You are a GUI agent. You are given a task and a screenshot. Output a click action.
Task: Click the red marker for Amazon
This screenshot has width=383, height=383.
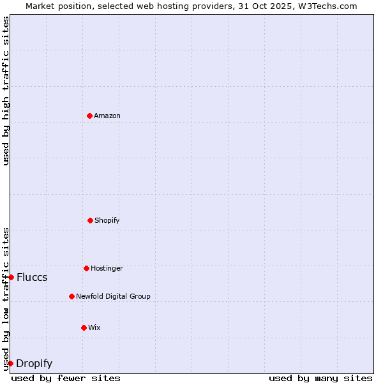point(89,116)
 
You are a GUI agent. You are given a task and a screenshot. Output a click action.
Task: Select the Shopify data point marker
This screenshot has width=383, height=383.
point(90,220)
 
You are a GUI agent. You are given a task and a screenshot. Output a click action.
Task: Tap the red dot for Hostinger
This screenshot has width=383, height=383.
point(86,268)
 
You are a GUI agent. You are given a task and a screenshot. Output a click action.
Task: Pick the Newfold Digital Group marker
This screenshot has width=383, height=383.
point(71,296)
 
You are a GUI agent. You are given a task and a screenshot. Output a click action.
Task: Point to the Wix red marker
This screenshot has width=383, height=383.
point(84,327)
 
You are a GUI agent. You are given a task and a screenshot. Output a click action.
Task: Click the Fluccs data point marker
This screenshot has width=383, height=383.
point(11,277)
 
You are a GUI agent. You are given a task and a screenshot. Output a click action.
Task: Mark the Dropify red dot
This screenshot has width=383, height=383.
point(10,363)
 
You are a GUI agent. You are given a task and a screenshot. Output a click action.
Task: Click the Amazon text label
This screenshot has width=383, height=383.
point(107,116)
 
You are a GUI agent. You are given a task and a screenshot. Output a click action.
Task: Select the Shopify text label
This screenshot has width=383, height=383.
point(107,220)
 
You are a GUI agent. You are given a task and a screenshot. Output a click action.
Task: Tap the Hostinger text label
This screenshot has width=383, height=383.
point(107,268)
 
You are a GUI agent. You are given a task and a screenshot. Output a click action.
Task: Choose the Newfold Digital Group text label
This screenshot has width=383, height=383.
point(113,296)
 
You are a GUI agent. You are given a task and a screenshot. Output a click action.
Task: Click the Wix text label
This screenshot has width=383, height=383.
point(94,327)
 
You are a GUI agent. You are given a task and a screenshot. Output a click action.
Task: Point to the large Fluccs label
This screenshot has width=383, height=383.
point(32,277)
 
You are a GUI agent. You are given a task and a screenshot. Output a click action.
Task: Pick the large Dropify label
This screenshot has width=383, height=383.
point(34,363)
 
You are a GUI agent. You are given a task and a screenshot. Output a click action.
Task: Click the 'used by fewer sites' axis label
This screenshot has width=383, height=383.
point(66,378)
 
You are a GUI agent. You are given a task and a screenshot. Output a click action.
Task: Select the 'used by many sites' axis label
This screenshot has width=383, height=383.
point(320,378)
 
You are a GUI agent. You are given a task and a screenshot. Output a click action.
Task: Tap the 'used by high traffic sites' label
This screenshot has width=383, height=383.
point(6,91)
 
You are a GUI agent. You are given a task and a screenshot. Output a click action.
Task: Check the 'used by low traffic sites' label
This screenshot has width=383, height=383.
point(6,298)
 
